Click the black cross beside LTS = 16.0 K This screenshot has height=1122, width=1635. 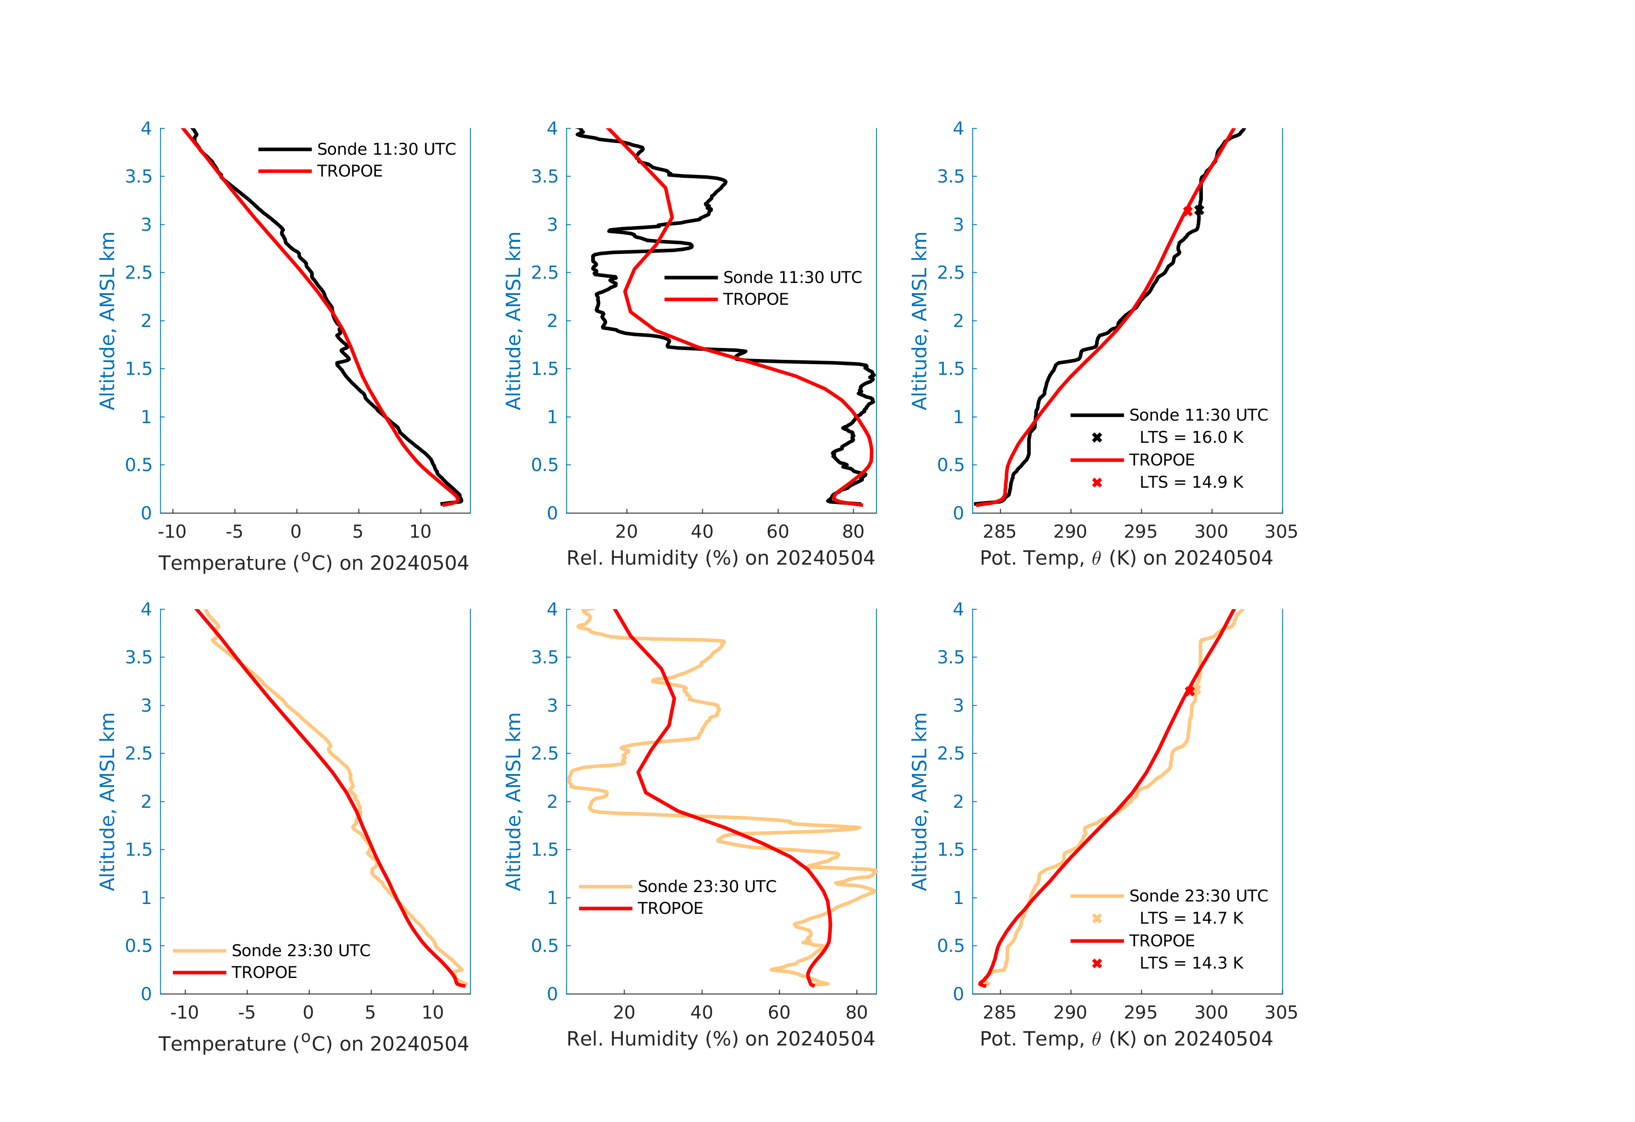pyautogui.click(x=1097, y=438)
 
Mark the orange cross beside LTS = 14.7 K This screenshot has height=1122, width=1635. pyautogui.click(x=1097, y=918)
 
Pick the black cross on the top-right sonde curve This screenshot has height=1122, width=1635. pyautogui.click(x=1199, y=210)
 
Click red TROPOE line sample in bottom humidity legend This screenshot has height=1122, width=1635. pyautogui.click(x=605, y=908)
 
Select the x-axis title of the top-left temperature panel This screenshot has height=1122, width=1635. pyautogui.click(x=313, y=563)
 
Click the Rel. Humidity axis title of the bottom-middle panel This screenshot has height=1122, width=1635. pyautogui.click(x=720, y=1039)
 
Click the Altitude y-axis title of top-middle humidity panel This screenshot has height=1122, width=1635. pyautogui.click(x=513, y=321)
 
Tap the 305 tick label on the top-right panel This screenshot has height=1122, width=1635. pyautogui.click(x=1280, y=532)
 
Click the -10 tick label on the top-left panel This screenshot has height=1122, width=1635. pyautogui.click(x=172, y=532)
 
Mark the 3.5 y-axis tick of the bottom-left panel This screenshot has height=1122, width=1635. pyautogui.click(x=138, y=657)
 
